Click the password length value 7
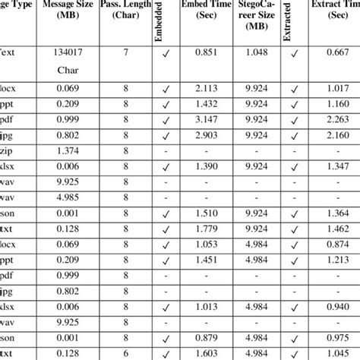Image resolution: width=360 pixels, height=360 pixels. pyautogui.click(x=127, y=52)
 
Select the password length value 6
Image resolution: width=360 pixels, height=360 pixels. pyautogui.click(x=127, y=353)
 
